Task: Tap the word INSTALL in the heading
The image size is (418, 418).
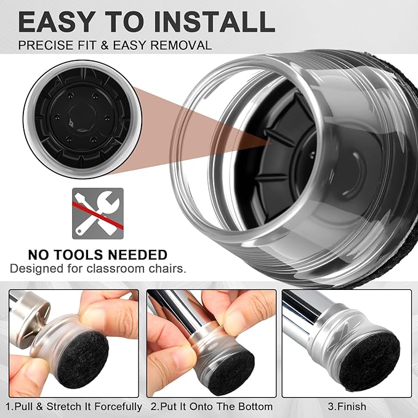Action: (x=215, y=22)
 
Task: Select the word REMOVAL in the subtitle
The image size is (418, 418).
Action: (x=181, y=45)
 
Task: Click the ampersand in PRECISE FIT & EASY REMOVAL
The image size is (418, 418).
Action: (x=105, y=45)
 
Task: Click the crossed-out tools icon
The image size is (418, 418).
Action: (x=98, y=214)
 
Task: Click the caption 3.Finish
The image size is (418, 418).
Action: (x=347, y=406)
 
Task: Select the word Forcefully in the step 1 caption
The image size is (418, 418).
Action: (x=118, y=407)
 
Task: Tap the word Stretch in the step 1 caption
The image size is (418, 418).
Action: (x=63, y=406)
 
